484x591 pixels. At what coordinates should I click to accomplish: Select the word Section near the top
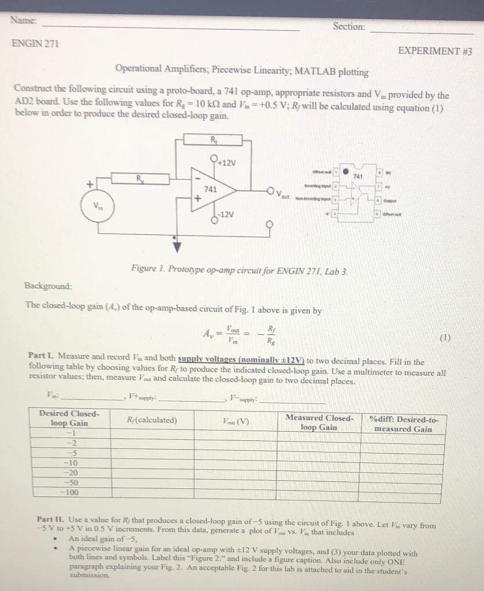point(349,27)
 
